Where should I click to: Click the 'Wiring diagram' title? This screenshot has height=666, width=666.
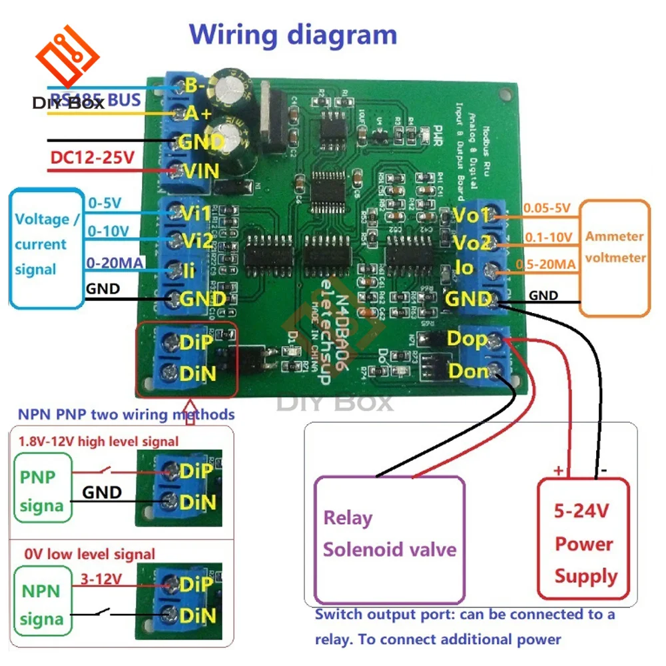[293, 34]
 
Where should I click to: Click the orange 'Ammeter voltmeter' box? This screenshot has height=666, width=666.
[615, 258]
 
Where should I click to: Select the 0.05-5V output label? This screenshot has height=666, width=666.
[547, 208]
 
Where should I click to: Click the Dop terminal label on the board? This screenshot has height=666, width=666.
[467, 338]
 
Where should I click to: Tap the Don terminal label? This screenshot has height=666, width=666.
[470, 370]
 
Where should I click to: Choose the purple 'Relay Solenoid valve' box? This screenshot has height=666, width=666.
[390, 539]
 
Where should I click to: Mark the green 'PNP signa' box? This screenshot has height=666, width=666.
[41, 492]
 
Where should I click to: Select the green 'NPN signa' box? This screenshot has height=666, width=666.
[41, 605]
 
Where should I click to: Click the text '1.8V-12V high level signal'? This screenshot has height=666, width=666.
[99, 441]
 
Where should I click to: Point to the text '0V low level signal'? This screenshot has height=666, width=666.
[89, 554]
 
